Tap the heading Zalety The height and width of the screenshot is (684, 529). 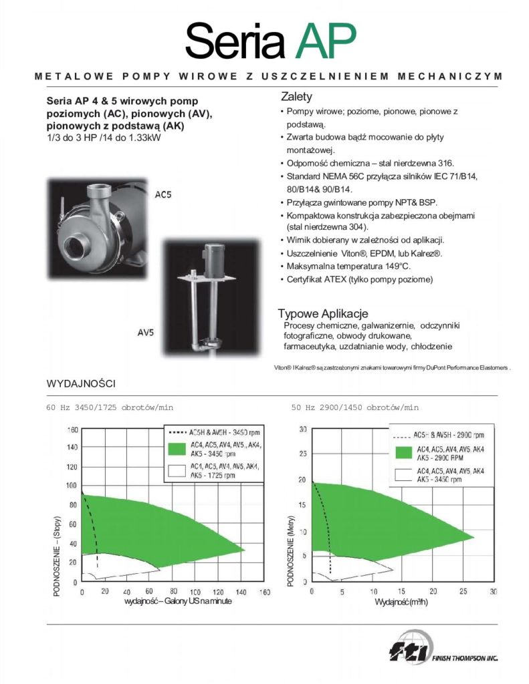(297, 97)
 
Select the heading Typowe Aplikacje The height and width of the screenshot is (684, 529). (323, 314)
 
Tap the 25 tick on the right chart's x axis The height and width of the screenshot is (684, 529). (463, 592)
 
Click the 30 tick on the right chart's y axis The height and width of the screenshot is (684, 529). (302, 429)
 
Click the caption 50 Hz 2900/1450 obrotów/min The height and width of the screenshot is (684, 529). (354, 407)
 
